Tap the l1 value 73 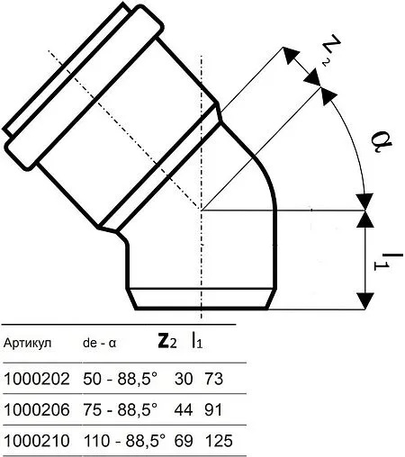click(x=213, y=379)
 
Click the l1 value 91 click(x=213, y=409)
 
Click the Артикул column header click(x=29, y=343)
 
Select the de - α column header click(x=99, y=343)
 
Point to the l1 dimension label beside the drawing click(x=382, y=258)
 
